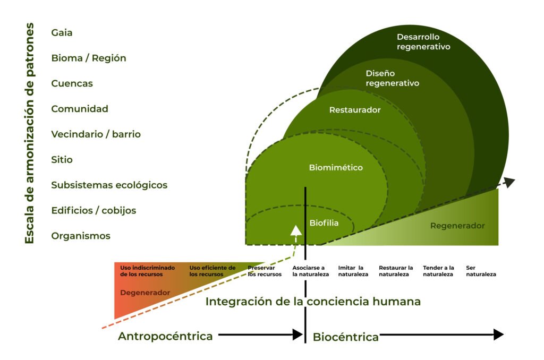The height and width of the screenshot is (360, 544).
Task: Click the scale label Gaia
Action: click(x=62, y=32)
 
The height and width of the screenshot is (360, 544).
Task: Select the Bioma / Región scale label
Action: click(x=89, y=58)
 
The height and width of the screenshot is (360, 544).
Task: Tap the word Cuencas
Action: click(x=72, y=83)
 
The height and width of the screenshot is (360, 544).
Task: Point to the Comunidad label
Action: click(x=80, y=109)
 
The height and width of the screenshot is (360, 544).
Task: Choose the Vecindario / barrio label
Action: click(x=96, y=134)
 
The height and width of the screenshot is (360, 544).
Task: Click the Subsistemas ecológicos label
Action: click(x=109, y=185)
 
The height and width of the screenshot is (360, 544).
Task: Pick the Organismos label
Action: click(x=81, y=236)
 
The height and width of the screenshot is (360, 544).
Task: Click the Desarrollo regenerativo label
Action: click(x=423, y=41)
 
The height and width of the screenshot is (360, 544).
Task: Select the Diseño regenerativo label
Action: click(x=392, y=78)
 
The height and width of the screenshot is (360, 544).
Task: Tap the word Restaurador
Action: click(x=355, y=110)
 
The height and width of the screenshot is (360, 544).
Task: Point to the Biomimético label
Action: click(x=336, y=167)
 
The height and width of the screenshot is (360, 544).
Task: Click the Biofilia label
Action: click(x=324, y=223)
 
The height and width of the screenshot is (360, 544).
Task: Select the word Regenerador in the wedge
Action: click(x=457, y=226)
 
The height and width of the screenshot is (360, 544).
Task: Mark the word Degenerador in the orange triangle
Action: click(x=145, y=293)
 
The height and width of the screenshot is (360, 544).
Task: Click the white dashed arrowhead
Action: click(x=296, y=230)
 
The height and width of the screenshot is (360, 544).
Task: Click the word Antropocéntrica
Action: click(x=165, y=336)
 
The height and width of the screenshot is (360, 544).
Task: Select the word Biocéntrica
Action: click(x=345, y=337)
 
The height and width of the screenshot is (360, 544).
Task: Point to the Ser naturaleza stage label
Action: click(x=481, y=271)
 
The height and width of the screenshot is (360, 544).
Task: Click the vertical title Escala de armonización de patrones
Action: click(x=30, y=133)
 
